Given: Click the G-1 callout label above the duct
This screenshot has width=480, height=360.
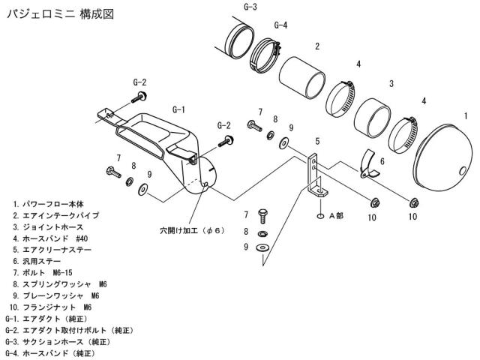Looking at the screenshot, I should coord(178,109).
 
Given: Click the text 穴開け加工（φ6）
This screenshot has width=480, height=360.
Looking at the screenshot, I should coord(192,230).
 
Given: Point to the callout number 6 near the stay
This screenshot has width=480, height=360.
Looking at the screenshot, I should coord(382,160).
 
